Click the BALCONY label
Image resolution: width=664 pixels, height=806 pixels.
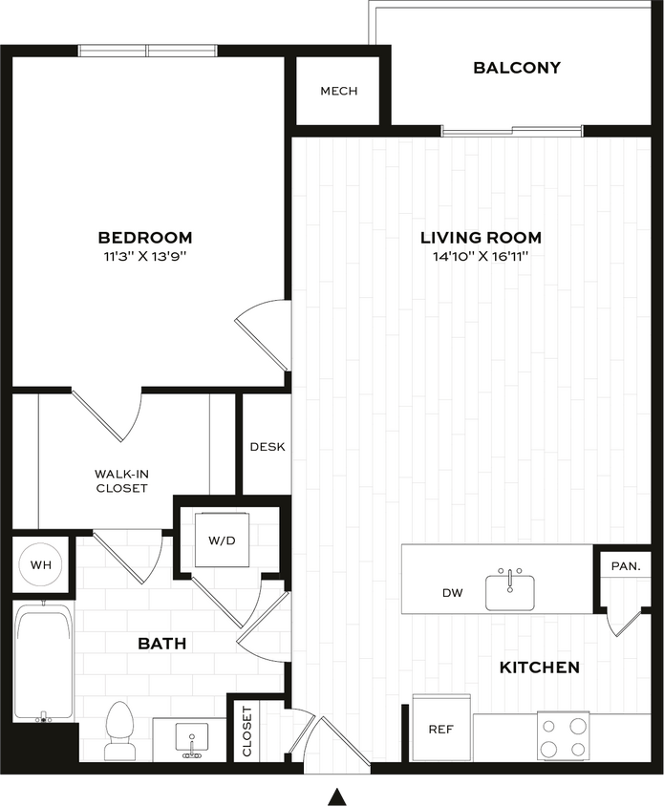click(517, 68)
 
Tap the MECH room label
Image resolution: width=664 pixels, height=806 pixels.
click(338, 91)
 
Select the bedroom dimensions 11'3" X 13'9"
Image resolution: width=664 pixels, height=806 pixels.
click(145, 257)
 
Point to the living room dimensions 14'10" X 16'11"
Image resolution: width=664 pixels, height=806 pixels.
click(481, 257)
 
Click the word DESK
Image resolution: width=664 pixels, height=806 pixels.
click(267, 447)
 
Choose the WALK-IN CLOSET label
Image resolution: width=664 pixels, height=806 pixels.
click(121, 480)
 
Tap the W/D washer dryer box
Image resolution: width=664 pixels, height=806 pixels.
click(222, 541)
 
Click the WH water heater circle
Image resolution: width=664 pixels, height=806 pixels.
click(40, 565)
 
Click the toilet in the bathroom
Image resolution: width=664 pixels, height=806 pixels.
click(119, 731)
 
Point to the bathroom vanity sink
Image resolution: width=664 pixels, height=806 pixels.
click(191, 739)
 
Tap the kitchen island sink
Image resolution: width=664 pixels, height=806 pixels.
click(512, 590)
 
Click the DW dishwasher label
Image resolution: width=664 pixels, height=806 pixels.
click(452, 593)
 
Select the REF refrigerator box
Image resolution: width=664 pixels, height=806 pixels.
click(440, 729)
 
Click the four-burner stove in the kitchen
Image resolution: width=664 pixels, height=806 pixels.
click(564, 736)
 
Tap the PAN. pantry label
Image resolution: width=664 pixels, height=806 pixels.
click(625, 566)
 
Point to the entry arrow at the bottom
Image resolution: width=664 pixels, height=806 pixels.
click(335, 791)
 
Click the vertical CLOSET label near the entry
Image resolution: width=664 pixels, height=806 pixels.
click(247, 732)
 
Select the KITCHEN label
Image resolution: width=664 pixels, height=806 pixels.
click(539, 668)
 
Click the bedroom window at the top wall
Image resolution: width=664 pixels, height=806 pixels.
click(148, 51)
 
